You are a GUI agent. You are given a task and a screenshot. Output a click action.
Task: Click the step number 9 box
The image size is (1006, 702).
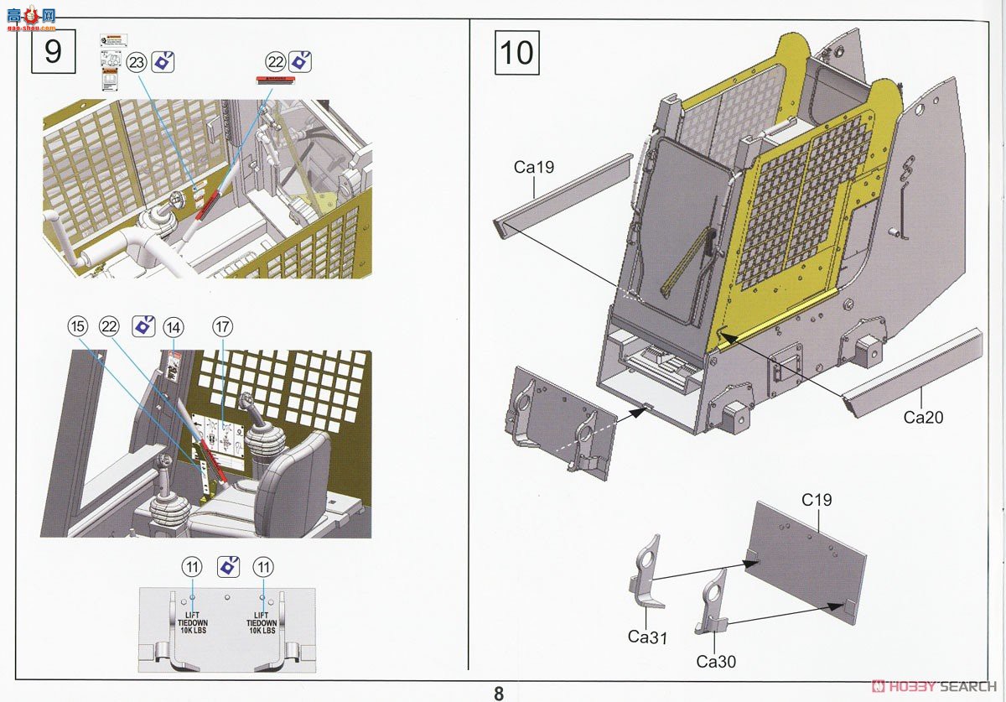click(x=53, y=51)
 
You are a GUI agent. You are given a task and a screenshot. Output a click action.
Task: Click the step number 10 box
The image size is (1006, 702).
click(x=516, y=51)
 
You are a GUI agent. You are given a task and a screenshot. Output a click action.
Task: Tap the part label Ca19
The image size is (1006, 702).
click(x=534, y=167)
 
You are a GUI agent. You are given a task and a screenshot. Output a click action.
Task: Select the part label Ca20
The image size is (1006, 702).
click(x=923, y=417)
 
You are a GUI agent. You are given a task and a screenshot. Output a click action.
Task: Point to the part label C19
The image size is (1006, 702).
click(x=817, y=500)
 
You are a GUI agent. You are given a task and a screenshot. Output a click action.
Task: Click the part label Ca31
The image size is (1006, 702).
click(x=647, y=637)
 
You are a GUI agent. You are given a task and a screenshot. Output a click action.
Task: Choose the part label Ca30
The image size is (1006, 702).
click(x=716, y=662)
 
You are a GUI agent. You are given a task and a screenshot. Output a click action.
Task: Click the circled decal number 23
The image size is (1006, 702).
click(x=137, y=62)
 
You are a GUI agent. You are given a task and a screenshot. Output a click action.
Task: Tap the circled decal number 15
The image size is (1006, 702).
click(x=77, y=326)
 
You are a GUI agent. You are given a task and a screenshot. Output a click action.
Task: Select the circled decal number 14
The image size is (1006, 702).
click(x=174, y=326)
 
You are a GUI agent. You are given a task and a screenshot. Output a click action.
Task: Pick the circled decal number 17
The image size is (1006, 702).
click(x=222, y=326)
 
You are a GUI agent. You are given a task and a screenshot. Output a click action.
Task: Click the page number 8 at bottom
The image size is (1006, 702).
click(x=499, y=693)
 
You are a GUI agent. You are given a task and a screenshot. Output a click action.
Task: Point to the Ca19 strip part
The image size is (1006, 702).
click(x=563, y=195)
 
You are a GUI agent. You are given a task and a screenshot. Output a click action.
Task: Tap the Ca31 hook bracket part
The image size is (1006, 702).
click(x=645, y=575)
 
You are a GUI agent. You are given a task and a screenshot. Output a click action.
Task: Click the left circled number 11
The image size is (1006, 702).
click(x=192, y=567)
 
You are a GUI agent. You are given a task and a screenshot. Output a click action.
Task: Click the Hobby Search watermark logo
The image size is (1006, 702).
click(x=934, y=685)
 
